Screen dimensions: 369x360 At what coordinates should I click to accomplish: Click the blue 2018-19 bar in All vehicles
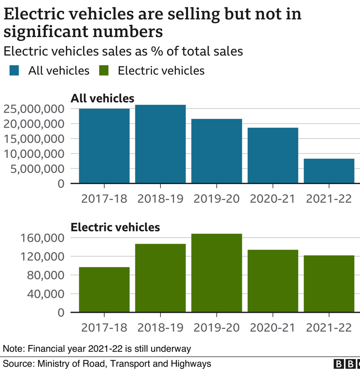160,144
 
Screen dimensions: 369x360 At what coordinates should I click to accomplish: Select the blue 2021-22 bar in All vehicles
329,170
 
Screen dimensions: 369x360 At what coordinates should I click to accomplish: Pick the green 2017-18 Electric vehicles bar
104,290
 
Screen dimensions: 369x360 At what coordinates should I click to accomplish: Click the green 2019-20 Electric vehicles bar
217,273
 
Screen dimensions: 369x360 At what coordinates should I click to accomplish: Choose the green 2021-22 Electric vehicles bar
329,284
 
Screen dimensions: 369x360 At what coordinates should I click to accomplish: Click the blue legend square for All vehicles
15,70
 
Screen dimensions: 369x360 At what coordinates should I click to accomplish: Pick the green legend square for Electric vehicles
104,70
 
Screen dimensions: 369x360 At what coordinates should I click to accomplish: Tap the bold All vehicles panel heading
103,99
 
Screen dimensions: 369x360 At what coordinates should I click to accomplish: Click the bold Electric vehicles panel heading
115,227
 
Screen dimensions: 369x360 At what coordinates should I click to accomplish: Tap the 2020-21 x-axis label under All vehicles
273,199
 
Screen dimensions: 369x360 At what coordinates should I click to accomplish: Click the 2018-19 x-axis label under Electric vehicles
160,327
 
